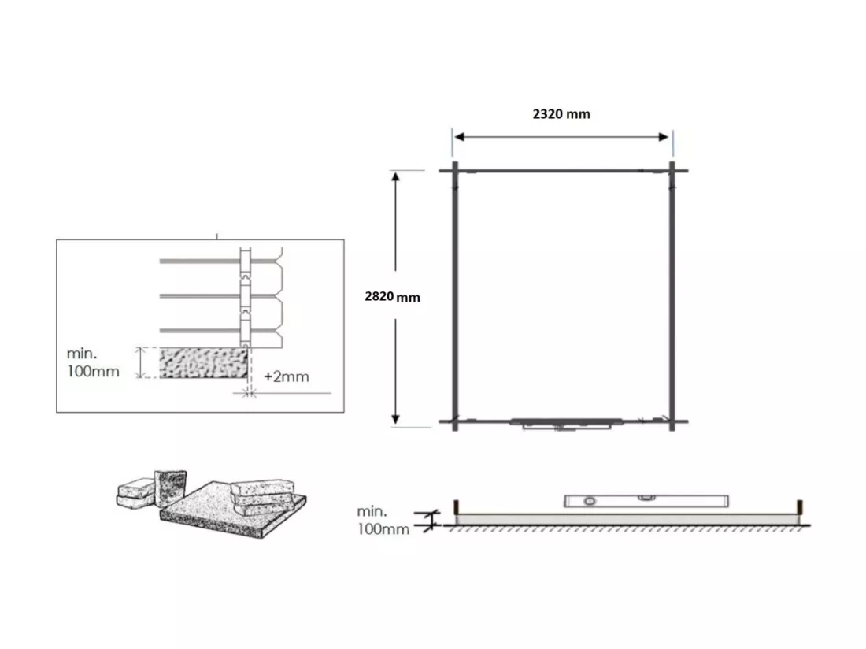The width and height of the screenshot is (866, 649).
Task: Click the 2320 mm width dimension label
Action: (x=561, y=114)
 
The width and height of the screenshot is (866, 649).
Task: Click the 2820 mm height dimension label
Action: (x=392, y=297)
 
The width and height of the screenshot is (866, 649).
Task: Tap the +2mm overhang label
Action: (x=286, y=376)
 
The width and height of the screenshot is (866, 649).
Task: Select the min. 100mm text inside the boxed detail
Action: (x=93, y=362)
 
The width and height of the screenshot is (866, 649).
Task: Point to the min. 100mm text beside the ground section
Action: (x=383, y=521)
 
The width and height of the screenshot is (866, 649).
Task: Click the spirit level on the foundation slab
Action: (x=646, y=501)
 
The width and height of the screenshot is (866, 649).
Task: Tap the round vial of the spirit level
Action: (x=590, y=502)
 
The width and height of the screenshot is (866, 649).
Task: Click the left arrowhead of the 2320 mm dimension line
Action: (x=459, y=137)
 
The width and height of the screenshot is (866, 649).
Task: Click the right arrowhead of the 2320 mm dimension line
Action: (x=664, y=137)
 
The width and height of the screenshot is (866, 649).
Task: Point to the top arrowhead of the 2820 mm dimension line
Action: (x=395, y=176)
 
